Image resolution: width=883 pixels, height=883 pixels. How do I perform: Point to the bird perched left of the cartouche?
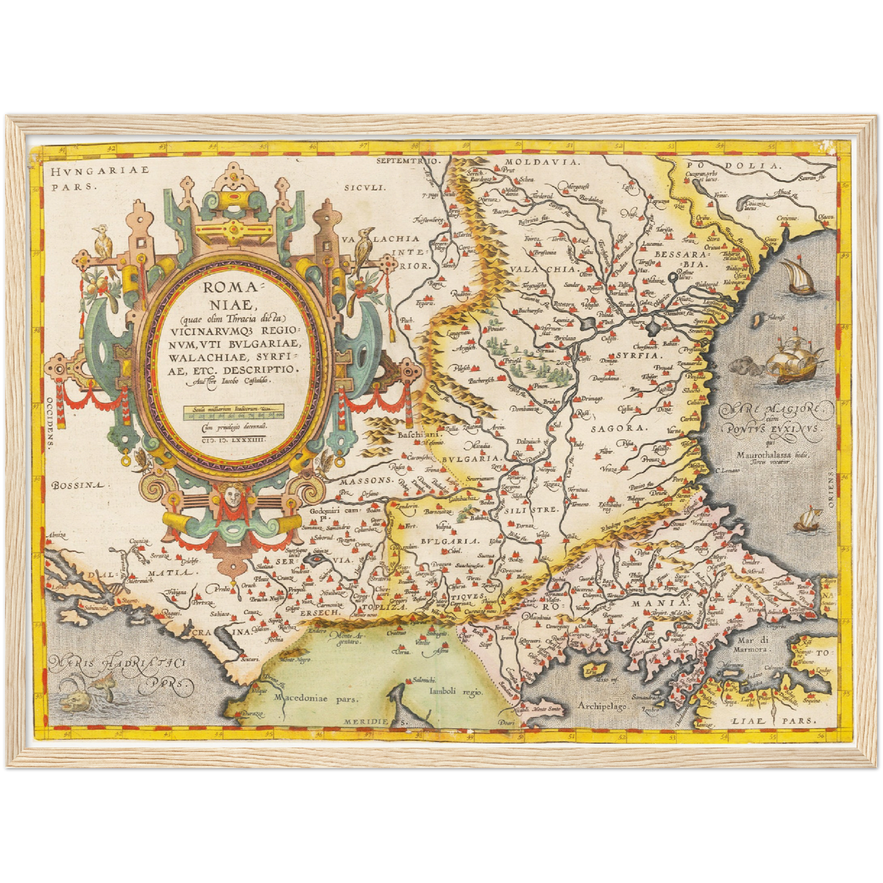[103, 243]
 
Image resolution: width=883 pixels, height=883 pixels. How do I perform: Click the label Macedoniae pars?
[316, 697]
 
